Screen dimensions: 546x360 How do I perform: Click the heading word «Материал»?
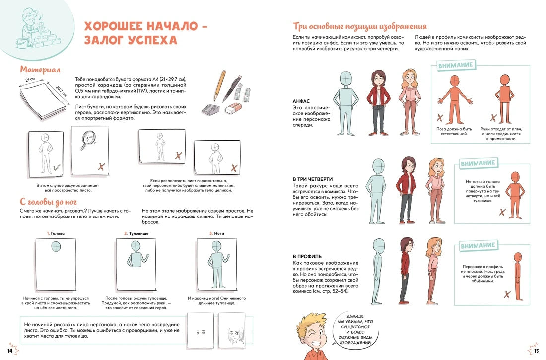click(40, 70)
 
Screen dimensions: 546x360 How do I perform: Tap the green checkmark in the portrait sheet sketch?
click(57, 168)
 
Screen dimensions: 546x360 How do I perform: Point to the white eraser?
click(234, 109)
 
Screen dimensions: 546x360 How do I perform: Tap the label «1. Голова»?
click(56, 233)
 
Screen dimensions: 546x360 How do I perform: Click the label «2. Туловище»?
click(136, 233)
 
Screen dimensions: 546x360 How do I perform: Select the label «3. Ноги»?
click(216, 233)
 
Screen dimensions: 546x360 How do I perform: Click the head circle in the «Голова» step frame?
click(56, 247)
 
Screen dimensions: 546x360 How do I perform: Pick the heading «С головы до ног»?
click(49, 202)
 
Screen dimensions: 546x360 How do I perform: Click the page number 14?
click(10, 351)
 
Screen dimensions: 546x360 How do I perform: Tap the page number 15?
click(536, 351)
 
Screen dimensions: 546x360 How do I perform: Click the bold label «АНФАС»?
click(301, 101)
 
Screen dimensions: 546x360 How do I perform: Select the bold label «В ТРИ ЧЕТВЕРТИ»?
click(312, 179)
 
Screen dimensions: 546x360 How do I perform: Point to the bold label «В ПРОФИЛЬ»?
click(307, 257)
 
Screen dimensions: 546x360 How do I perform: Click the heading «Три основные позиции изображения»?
click(359, 26)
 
